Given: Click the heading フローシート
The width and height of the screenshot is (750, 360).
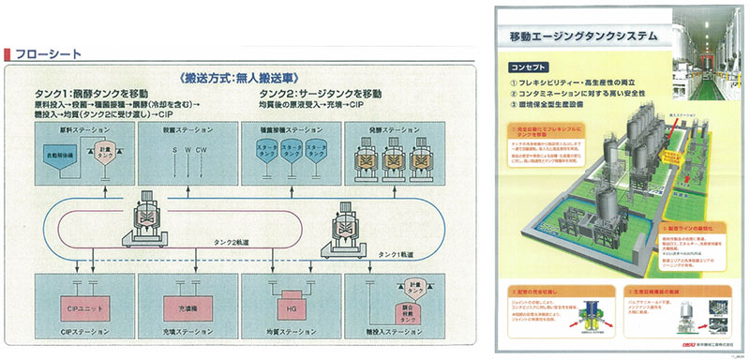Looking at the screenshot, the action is tap(42, 52).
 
